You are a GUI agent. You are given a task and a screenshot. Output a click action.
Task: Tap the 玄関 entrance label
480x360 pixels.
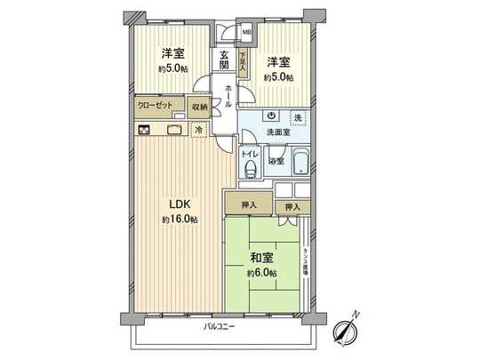point(224,60)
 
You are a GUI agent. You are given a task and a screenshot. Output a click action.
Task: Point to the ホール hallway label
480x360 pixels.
point(228,93)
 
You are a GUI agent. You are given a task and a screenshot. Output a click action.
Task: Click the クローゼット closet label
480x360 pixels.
point(156,106)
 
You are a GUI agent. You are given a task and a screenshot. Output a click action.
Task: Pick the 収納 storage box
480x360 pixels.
point(199,107)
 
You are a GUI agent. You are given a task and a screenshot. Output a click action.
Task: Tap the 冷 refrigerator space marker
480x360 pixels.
point(199,130)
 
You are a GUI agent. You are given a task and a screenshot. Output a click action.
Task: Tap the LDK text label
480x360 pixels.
point(172,203)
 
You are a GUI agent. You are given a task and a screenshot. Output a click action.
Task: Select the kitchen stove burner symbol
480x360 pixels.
point(144,128)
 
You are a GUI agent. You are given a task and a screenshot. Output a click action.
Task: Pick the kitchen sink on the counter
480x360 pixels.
point(174,129)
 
